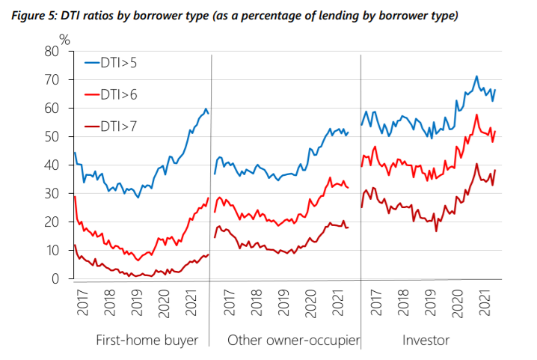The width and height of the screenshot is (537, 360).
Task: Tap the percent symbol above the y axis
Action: point(64,40)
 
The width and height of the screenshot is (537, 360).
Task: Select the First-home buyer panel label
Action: point(147,341)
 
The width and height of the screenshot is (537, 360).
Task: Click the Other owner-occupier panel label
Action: point(293,341)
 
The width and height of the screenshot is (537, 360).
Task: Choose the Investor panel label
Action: point(426,341)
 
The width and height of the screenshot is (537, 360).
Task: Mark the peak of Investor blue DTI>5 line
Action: point(476,76)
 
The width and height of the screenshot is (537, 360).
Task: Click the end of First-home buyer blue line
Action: point(208,114)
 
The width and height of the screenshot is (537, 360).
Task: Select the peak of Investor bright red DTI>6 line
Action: point(476,115)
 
